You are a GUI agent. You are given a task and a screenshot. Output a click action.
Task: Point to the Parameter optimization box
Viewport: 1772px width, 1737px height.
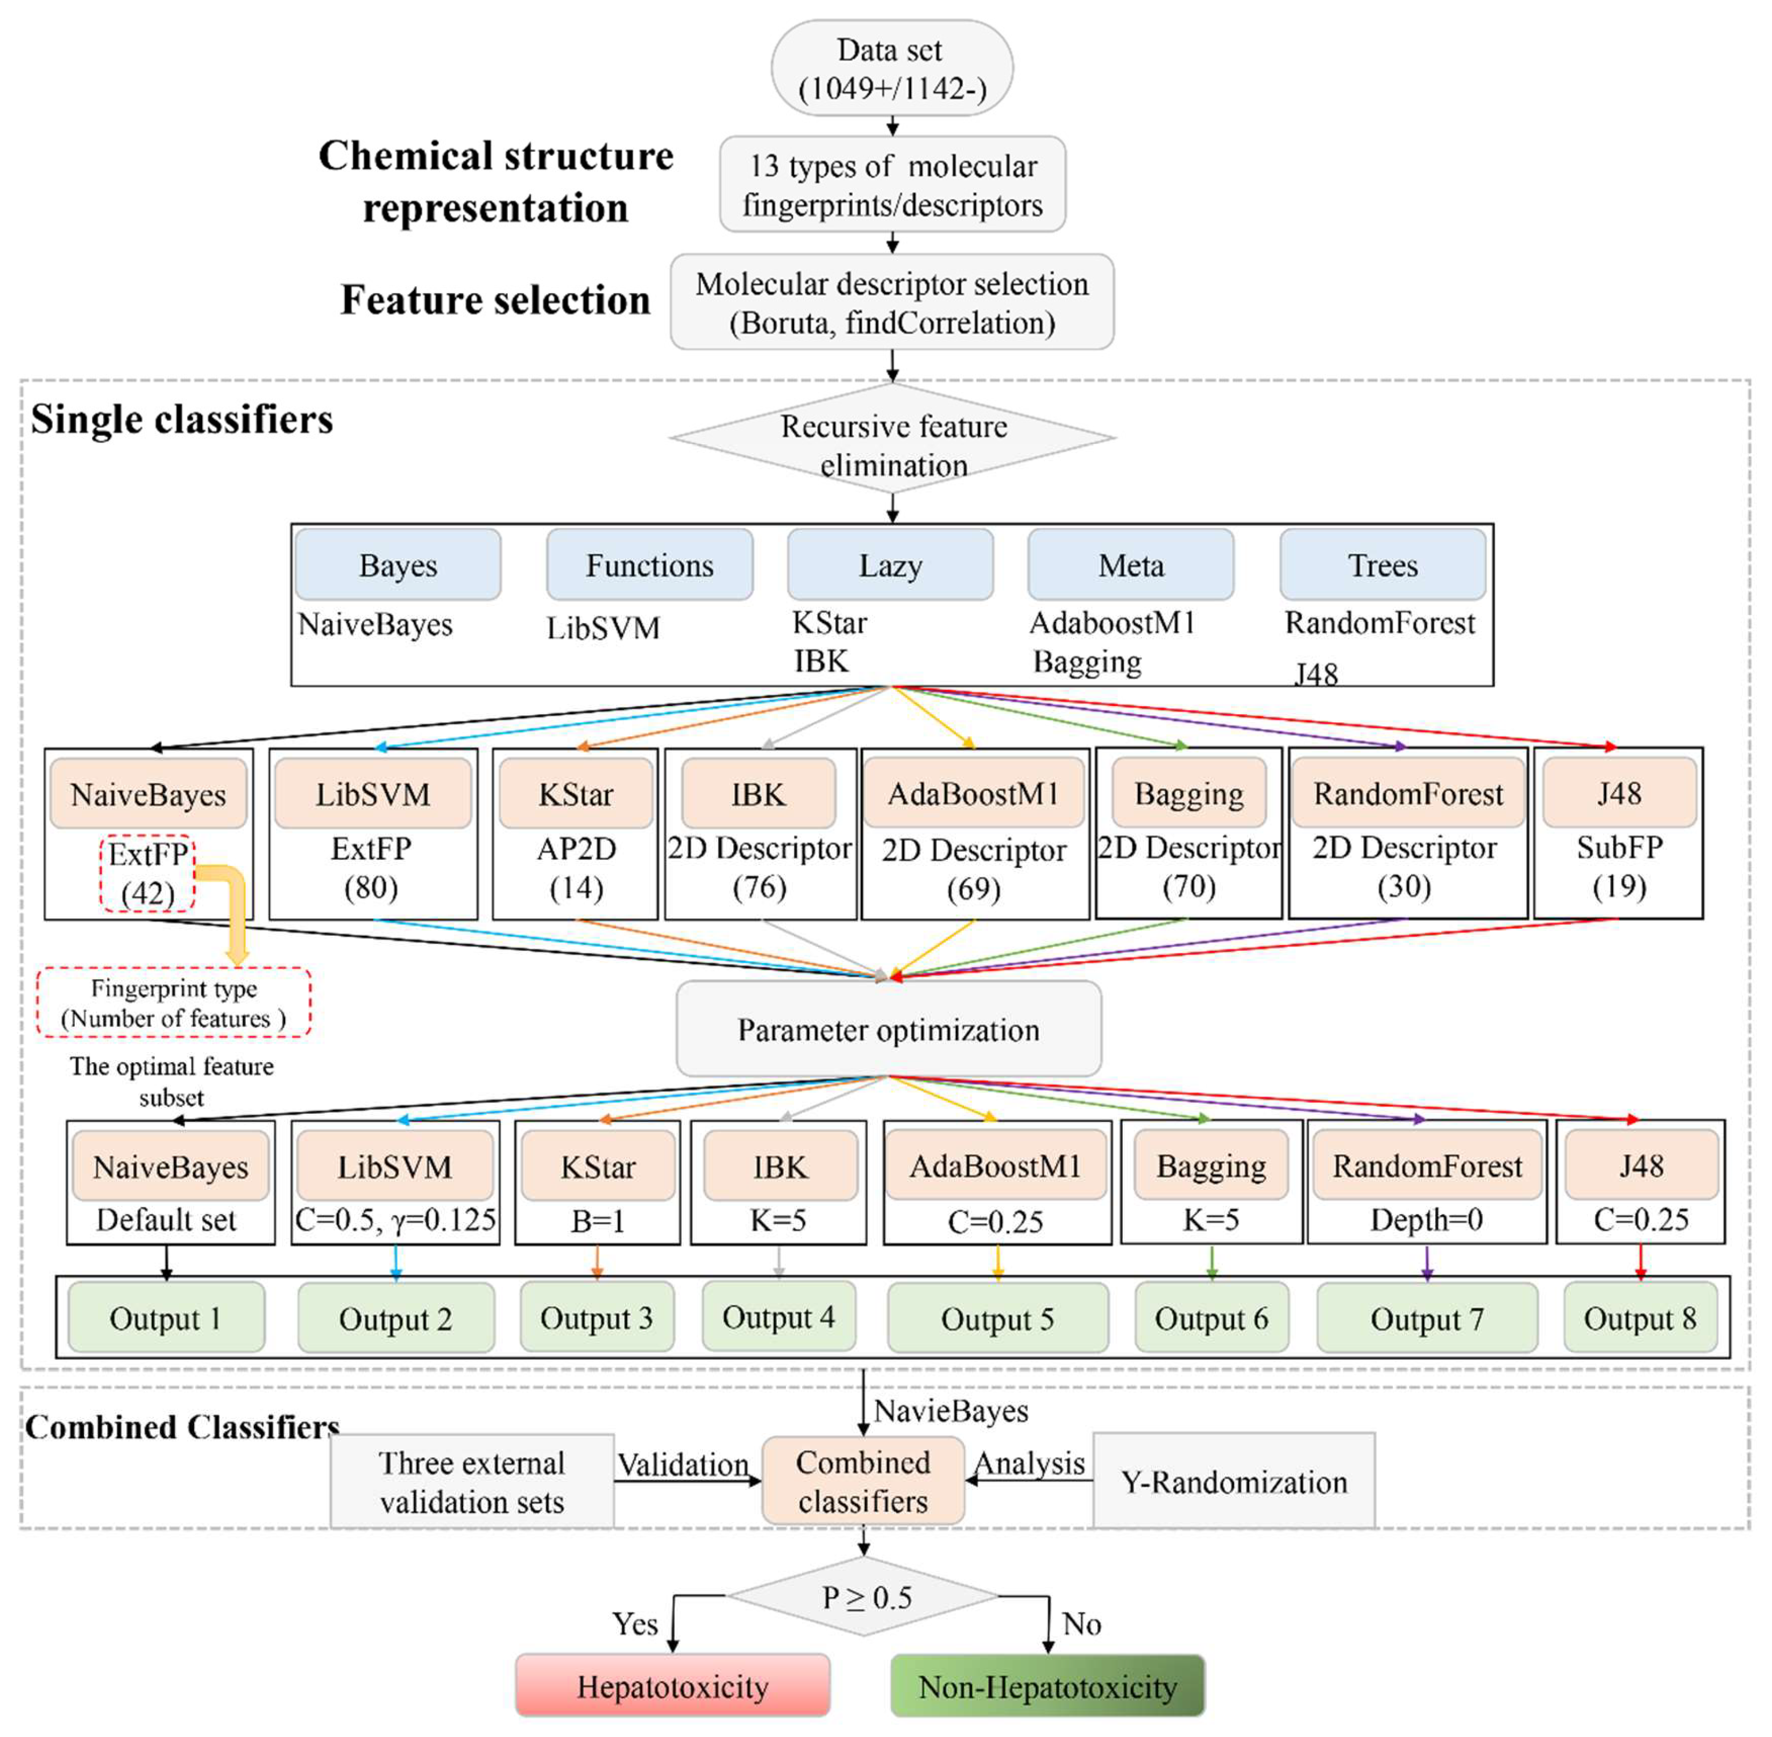pos(888,1029)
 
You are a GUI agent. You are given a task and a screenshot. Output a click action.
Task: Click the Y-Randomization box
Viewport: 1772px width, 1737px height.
pos(1233,1481)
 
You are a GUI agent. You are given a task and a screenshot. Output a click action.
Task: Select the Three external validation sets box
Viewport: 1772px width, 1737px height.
pos(471,1481)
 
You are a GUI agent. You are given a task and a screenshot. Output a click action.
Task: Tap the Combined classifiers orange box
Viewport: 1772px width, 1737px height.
pos(863,1481)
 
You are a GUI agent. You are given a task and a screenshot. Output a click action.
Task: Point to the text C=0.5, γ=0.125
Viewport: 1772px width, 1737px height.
pos(395,1220)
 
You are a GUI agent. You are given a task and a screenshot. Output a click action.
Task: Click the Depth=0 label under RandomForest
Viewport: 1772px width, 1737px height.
pos(1426,1220)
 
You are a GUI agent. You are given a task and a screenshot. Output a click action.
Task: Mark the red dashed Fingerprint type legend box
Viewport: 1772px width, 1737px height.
pos(173,1002)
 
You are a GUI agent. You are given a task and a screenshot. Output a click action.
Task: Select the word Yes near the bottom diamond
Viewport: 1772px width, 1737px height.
pos(635,1624)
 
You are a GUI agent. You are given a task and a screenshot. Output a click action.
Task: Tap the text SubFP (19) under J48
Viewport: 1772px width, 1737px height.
pos(1619,867)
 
